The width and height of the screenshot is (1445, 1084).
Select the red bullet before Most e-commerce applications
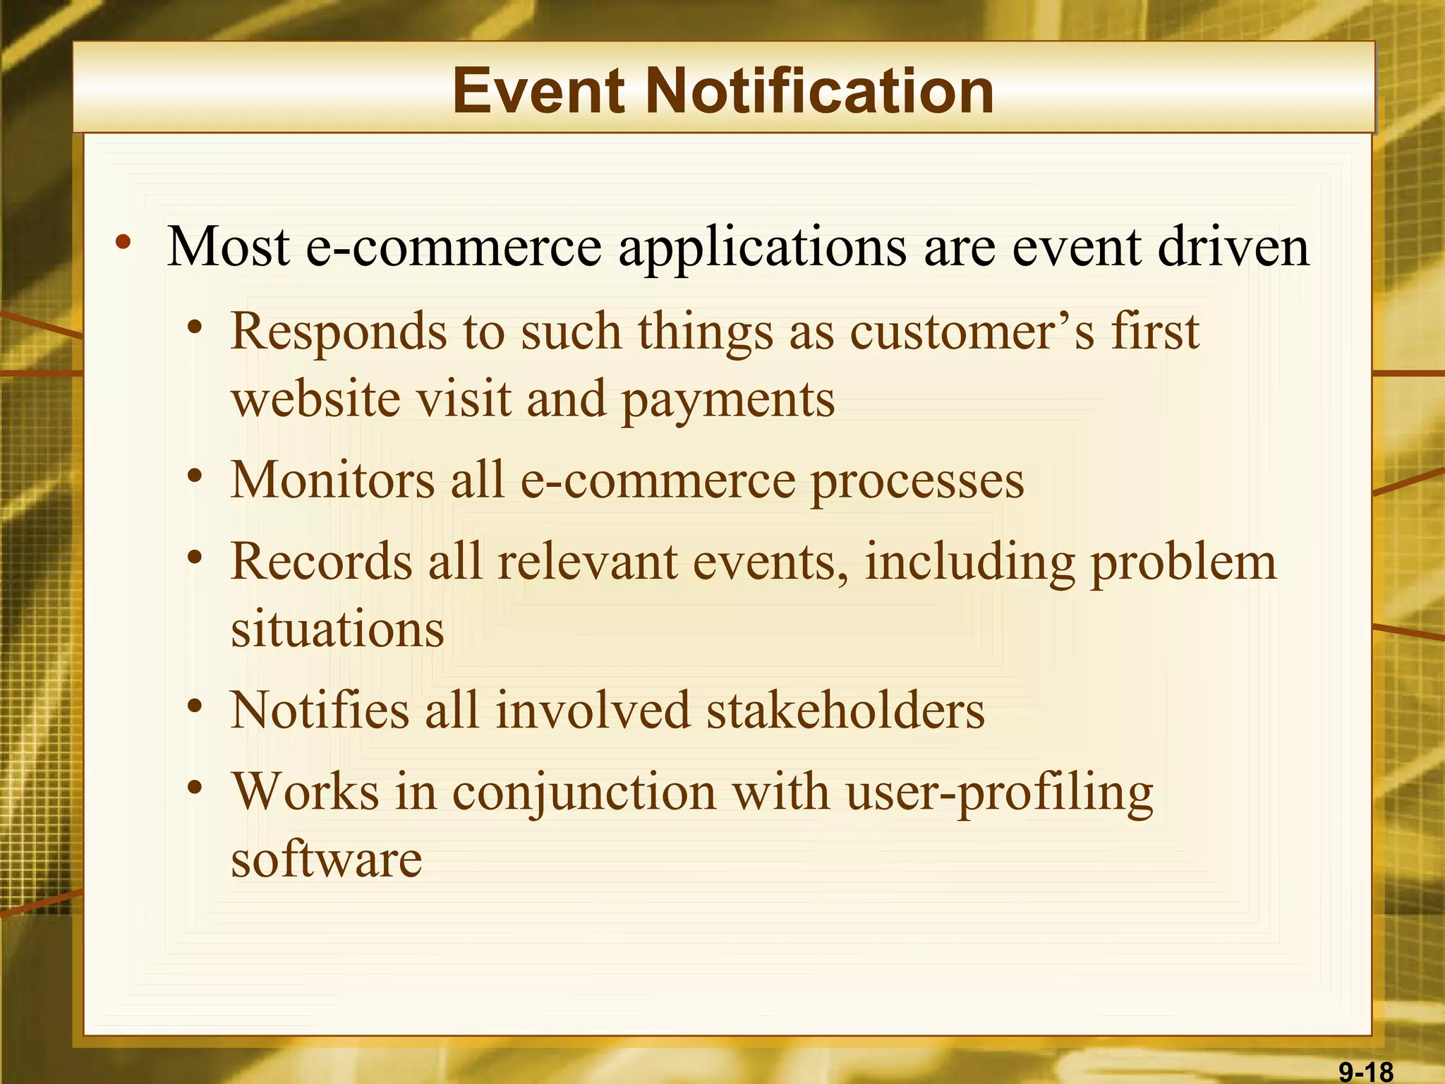[x=123, y=243]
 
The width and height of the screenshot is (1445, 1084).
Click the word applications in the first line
[x=762, y=248]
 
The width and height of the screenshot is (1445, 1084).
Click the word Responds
[x=339, y=332]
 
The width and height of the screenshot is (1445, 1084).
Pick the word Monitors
[x=332, y=480]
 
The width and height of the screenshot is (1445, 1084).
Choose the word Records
[x=322, y=562]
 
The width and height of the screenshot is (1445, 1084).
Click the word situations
[x=337, y=630]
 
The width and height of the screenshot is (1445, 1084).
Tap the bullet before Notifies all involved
[x=196, y=706]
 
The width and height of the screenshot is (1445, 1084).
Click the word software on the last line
[x=327, y=860]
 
